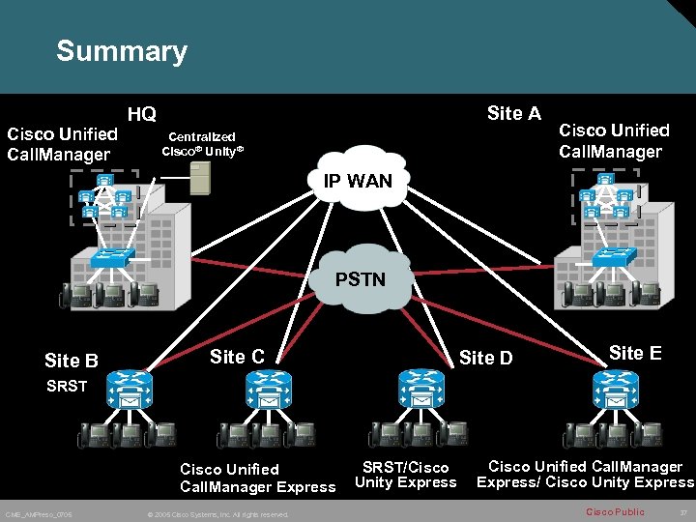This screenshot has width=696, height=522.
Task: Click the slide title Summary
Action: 121,51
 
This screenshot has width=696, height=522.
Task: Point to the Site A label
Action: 513,114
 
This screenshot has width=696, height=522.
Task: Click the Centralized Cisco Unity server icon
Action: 200,178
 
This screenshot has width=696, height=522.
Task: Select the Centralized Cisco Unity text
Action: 202,144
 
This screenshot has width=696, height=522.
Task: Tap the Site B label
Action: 72,362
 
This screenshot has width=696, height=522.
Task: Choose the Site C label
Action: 237,357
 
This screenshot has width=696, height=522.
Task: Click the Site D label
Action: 485,359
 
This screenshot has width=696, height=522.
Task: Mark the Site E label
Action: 634,353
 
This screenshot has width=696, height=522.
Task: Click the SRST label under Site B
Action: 67,386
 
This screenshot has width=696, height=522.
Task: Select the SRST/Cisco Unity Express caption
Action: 405,475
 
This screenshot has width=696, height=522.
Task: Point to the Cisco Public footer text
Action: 615,511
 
